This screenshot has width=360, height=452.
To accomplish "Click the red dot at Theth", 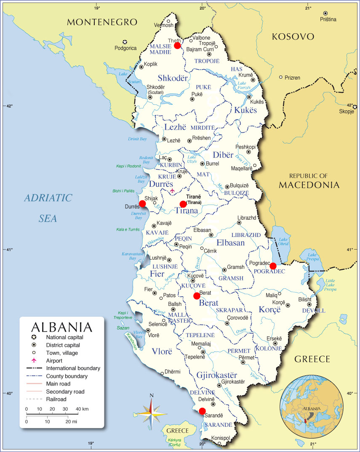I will (x=177, y=45).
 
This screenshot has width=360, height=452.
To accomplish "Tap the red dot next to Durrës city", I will (x=142, y=204).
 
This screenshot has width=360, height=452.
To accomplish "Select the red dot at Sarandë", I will (x=202, y=411).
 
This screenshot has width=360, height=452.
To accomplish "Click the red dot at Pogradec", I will (x=273, y=266).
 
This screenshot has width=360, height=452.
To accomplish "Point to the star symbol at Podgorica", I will (x=125, y=42).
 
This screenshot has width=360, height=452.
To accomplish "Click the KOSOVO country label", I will (x=293, y=37).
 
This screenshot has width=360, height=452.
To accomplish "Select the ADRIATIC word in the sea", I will (x=48, y=198).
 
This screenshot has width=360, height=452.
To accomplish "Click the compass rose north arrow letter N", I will (x=152, y=395).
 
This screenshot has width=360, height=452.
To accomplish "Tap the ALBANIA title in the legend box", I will (x=61, y=327).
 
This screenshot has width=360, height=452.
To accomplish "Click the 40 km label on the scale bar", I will (x=82, y=409).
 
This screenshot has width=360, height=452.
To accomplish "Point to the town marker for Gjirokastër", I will (x=219, y=386).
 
